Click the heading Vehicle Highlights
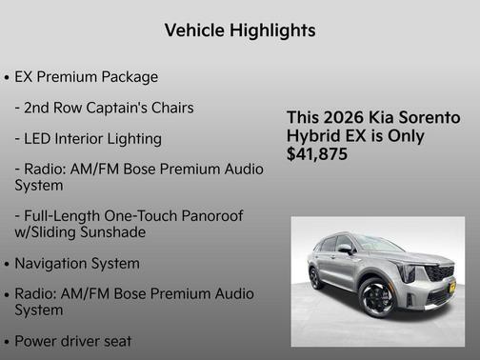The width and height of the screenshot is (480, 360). [x=240, y=30]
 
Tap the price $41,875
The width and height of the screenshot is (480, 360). [x=317, y=154]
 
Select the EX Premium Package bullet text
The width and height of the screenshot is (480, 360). [x=87, y=76]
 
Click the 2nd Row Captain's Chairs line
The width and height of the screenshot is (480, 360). [x=104, y=108]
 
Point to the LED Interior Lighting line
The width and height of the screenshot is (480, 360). [x=88, y=138]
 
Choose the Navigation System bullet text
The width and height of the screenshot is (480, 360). [x=77, y=263]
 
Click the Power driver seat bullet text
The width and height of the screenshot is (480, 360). [x=73, y=340]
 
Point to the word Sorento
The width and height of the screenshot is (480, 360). [x=429, y=117]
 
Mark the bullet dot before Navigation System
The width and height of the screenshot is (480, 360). [x=8, y=264]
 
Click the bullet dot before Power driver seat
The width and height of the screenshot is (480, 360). [x=8, y=341]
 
